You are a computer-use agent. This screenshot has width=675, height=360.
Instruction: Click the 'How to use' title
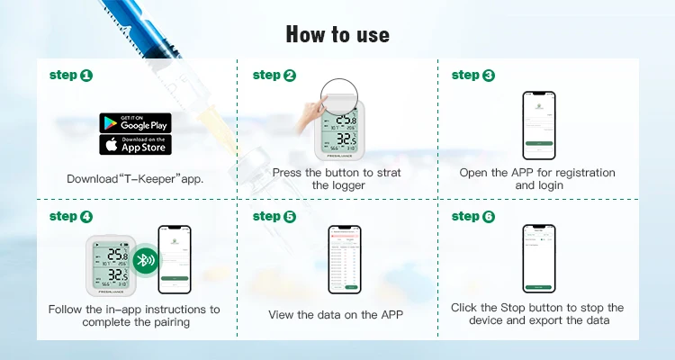click(x=337, y=34)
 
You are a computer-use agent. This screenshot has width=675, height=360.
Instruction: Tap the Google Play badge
click(x=135, y=122)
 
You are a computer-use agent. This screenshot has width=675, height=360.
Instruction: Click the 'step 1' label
click(x=70, y=76)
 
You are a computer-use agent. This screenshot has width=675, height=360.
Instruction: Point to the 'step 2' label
click(x=274, y=76)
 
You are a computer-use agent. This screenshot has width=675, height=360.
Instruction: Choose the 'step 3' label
click(x=473, y=76)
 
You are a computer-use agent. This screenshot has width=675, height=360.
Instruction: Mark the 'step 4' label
click(x=70, y=216)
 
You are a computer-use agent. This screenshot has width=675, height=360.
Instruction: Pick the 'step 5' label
click(x=274, y=216)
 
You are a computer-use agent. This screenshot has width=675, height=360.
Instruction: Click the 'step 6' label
click(x=473, y=216)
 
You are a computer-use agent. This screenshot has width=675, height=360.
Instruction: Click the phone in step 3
click(x=537, y=125)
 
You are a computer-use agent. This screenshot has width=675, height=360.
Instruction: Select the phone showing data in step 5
click(x=344, y=260)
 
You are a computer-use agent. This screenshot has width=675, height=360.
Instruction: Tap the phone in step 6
click(x=537, y=258)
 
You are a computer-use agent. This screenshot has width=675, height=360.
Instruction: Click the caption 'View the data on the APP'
click(x=337, y=315)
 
